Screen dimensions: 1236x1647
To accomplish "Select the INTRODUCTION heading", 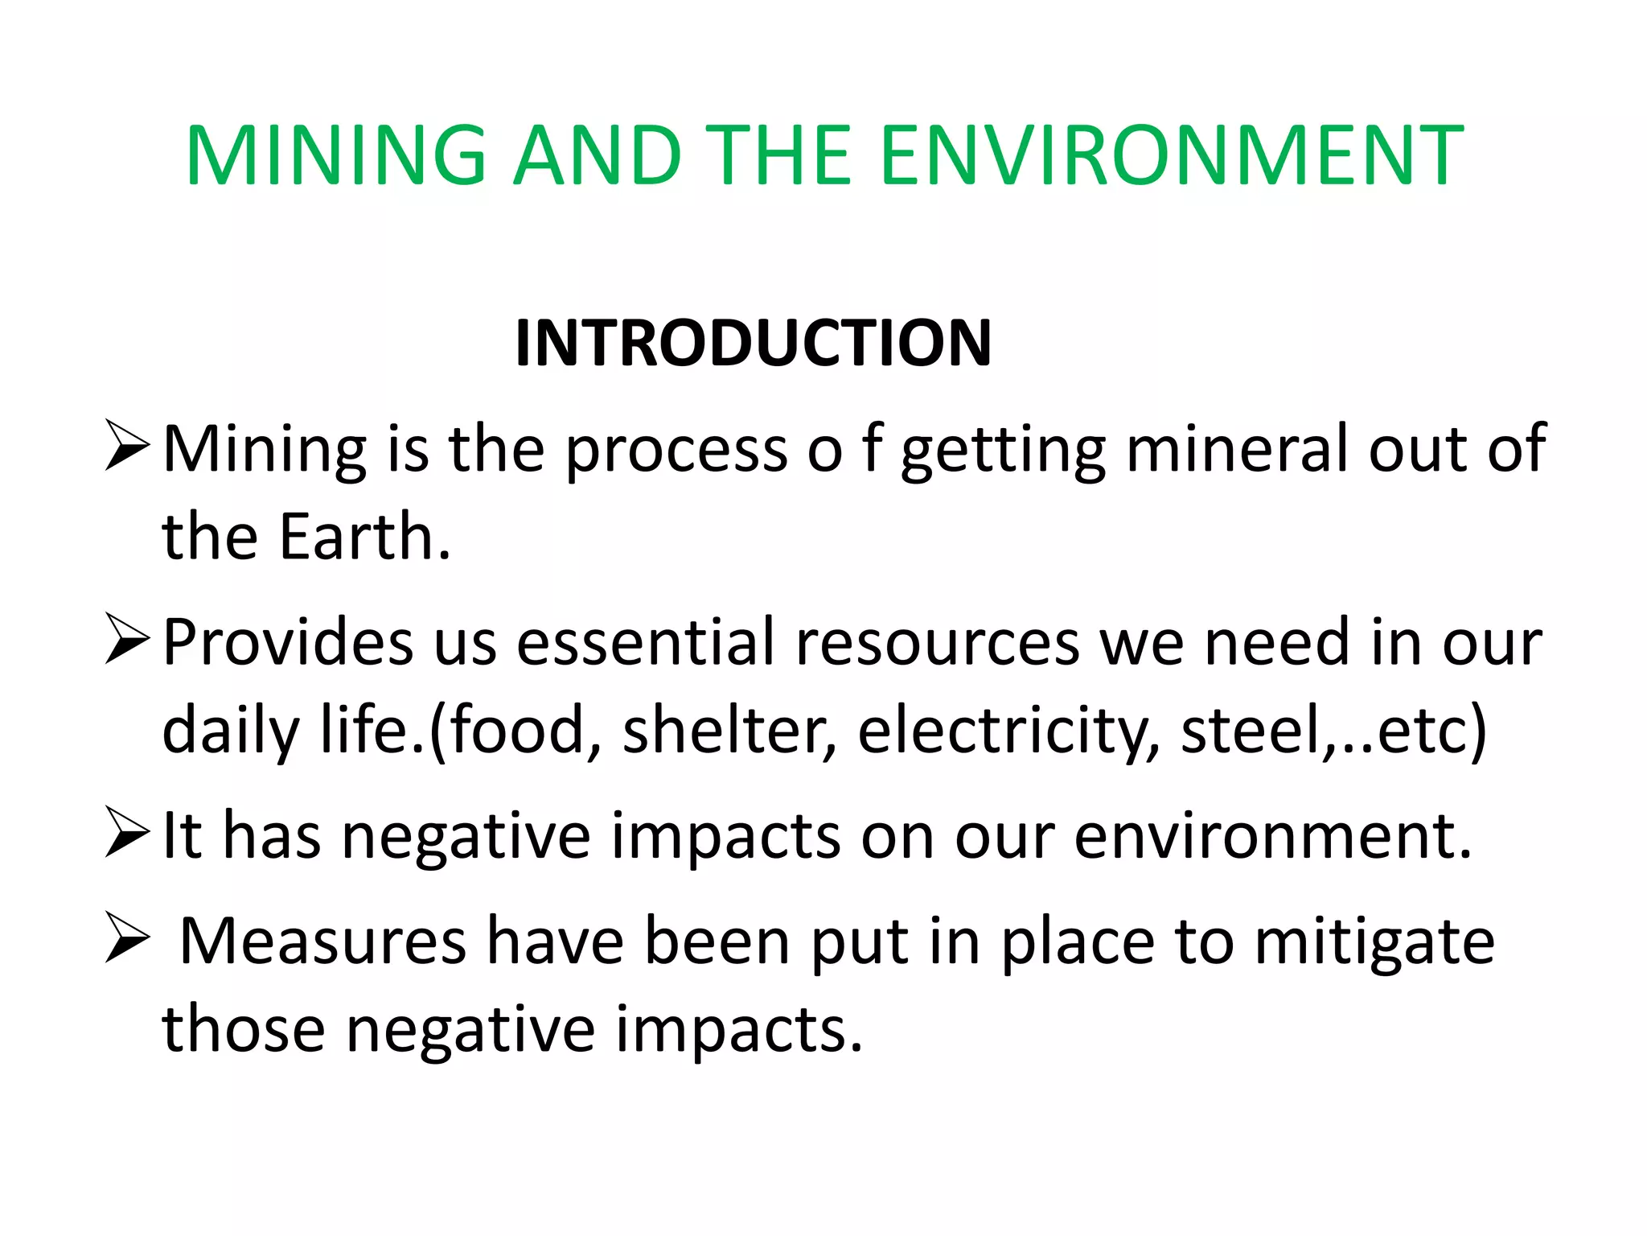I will click(x=753, y=343).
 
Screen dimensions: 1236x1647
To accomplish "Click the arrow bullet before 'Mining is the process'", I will click(x=127, y=446).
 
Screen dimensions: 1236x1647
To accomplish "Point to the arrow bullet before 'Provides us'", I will click(x=127, y=640).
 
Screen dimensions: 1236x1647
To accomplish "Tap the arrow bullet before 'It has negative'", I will click(x=127, y=834).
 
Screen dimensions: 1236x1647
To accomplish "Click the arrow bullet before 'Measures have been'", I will click(x=127, y=939).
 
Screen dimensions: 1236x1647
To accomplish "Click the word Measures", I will click(x=322, y=941).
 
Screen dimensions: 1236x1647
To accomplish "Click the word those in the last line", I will click(x=243, y=1029).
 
